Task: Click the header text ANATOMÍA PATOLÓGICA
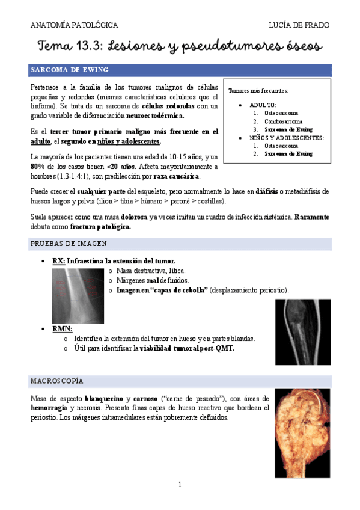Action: pos(74,25)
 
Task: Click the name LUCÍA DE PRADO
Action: pos(300,25)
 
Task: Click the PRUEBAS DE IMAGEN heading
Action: pos(69,244)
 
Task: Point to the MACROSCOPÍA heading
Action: pos(57,381)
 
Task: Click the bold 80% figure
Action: pos(37,166)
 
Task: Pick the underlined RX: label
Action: pos(59,261)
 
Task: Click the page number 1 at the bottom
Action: pos(180,484)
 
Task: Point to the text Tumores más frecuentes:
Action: pos(258,91)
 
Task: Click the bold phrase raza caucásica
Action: pos(177,176)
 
